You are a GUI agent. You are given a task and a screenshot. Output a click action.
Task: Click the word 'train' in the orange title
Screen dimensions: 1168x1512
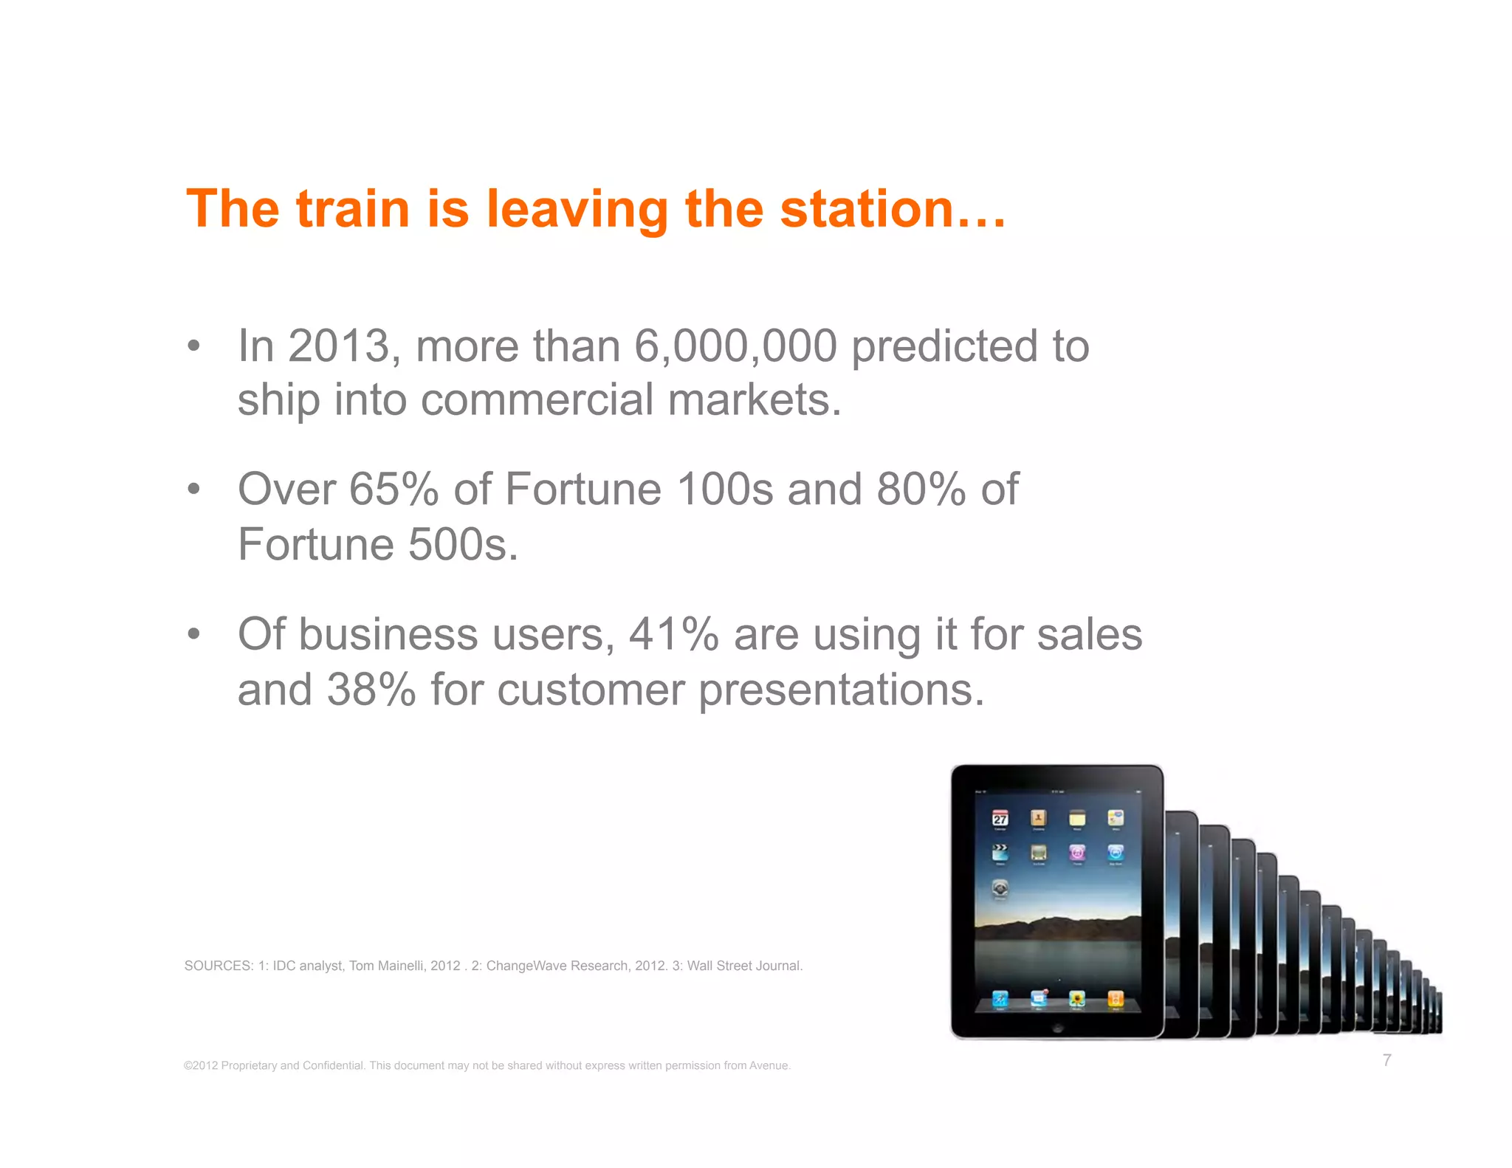[x=352, y=209]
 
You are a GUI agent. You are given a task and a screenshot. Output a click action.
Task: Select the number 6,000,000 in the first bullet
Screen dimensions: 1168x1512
[x=735, y=346]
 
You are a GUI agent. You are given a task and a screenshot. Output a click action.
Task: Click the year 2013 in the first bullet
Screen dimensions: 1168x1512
[x=338, y=346]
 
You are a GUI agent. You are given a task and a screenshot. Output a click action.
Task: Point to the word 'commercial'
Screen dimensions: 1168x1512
[x=537, y=400]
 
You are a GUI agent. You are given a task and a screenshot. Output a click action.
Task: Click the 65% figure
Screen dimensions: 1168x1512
[x=394, y=489]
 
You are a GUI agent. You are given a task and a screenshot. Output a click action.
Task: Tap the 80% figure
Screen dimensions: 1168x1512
[x=921, y=489]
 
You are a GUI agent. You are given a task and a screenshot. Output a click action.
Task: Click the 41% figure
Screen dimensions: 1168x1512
[x=673, y=634]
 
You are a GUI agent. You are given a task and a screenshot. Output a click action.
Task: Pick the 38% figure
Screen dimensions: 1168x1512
[x=371, y=690]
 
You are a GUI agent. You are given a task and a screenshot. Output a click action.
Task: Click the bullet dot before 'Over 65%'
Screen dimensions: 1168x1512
[x=193, y=489]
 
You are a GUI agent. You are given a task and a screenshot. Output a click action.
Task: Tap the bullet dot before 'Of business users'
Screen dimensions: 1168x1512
[x=193, y=634]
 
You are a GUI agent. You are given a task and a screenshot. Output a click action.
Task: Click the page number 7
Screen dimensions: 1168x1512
[x=1386, y=1060]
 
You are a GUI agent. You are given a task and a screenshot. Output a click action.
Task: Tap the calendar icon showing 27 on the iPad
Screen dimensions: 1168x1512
[x=1000, y=818]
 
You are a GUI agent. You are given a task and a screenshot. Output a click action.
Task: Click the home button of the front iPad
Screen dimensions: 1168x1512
[x=1057, y=1028]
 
